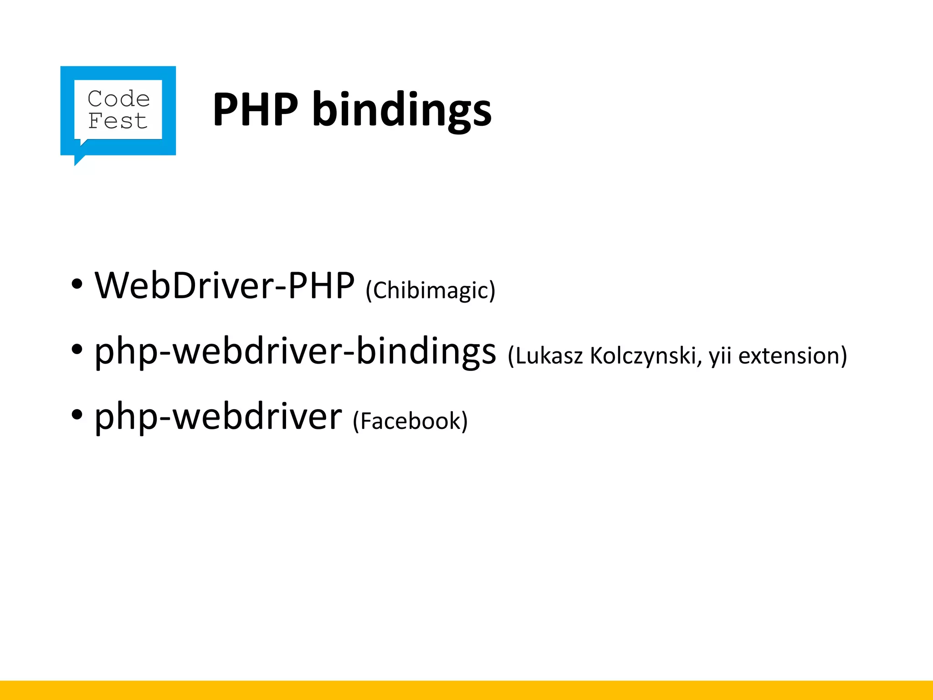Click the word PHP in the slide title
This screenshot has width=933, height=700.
255,109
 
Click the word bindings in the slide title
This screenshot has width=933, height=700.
402,110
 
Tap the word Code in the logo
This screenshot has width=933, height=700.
118,99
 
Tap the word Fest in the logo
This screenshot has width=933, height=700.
118,121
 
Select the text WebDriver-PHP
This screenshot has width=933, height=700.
224,286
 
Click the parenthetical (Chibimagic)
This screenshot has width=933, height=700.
430,290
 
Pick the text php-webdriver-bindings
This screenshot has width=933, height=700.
295,351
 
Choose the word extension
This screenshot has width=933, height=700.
788,355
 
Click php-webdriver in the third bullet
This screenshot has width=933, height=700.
218,417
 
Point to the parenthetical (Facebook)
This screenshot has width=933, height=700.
410,421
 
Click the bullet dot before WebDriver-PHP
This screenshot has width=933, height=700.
77,284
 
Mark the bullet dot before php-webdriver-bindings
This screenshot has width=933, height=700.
77,350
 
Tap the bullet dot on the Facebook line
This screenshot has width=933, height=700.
77,415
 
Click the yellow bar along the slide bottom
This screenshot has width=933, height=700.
466,690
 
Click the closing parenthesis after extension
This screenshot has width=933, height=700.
843,356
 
